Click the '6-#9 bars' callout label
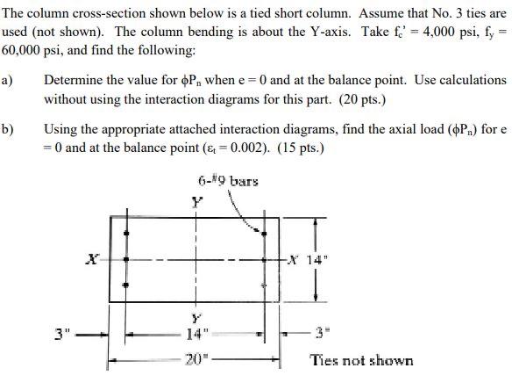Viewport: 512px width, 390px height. click(x=229, y=182)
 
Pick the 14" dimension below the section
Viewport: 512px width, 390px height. click(x=198, y=334)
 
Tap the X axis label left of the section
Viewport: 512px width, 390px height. click(x=91, y=260)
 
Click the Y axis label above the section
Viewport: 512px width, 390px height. click(x=198, y=201)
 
